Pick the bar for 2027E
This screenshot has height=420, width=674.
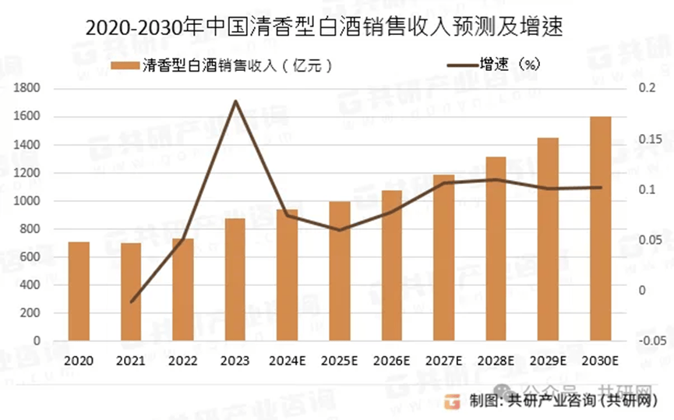click(x=443, y=257)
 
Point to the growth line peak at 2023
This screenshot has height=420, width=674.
click(x=235, y=101)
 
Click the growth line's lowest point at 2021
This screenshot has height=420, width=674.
click(x=131, y=302)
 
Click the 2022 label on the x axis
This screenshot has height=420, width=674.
click(x=183, y=361)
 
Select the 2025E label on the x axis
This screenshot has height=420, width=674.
click(x=339, y=361)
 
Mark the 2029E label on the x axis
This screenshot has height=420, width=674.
click(x=548, y=361)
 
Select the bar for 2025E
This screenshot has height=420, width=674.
click(x=339, y=270)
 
